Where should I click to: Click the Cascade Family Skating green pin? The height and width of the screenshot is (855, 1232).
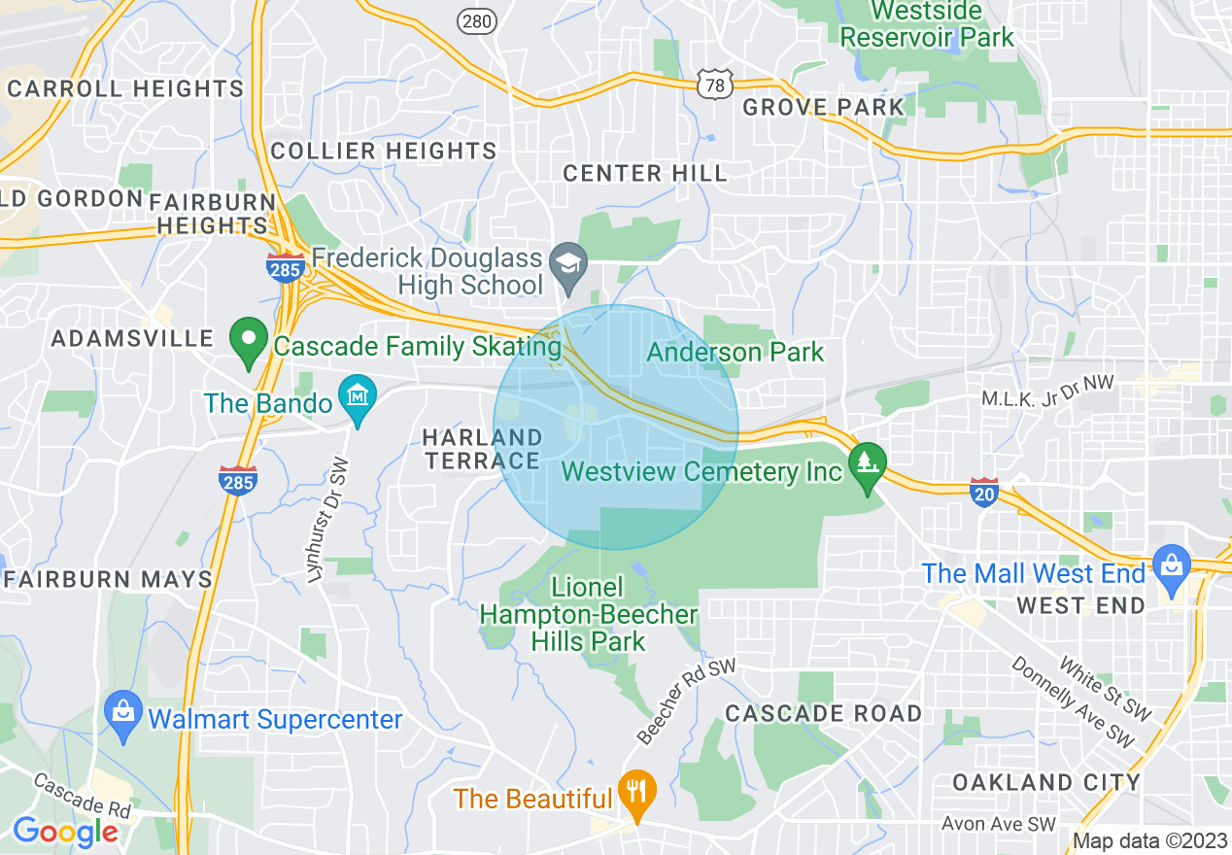click(249, 341)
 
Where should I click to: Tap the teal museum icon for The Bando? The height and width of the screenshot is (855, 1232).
click(358, 398)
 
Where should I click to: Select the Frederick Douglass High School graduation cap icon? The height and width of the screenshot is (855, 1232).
click(567, 262)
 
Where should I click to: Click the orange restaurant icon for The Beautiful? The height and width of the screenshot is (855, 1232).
click(636, 793)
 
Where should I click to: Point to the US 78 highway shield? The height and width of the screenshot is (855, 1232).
click(714, 83)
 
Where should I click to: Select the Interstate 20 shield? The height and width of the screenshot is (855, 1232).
click(984, 492)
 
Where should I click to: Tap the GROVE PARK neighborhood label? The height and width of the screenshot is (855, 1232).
click(823, 107)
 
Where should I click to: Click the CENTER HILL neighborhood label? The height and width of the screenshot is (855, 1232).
click(645, 174)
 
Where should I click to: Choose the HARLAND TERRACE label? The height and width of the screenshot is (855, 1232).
click(483, 449)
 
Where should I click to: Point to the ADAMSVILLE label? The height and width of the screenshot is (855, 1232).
click(132, 339)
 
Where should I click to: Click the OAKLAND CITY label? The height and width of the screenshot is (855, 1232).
click(1046, 782)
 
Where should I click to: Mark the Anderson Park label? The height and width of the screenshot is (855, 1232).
click(736, 352)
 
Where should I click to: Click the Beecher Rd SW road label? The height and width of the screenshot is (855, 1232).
click(688, 701)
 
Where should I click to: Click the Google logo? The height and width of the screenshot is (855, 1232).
click(64, 832)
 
